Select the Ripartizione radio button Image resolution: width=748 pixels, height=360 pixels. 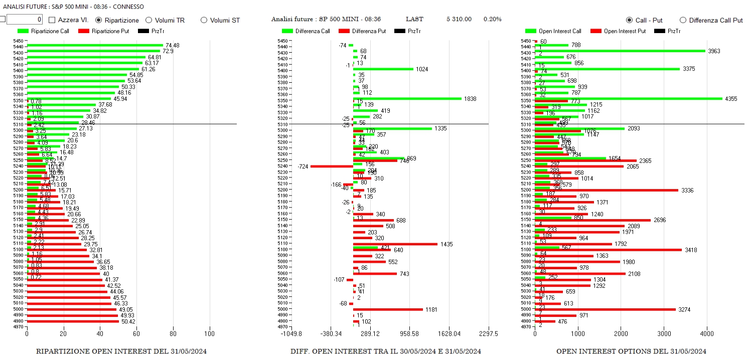99,20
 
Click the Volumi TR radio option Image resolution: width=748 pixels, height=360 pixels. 148,20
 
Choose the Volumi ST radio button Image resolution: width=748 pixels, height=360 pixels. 204,20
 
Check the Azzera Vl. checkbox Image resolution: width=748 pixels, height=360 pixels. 52,20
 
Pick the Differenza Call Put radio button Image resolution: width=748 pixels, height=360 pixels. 683,20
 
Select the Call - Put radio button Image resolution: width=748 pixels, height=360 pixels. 630,20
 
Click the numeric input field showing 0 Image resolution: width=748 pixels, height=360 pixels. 25,20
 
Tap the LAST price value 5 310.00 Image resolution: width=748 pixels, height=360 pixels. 459,19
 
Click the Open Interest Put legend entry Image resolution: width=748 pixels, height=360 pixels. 618,31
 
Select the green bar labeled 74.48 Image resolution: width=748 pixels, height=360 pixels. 95,45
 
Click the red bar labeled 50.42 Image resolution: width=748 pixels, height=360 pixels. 73,321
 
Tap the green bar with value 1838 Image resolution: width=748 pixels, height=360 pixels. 407,98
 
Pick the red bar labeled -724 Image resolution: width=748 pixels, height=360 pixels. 332,166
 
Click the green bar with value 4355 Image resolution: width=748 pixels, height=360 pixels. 628,98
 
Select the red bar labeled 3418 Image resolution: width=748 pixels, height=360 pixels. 608,249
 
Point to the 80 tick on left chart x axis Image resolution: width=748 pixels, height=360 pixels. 173,333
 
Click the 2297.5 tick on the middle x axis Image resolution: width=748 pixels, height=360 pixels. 488,333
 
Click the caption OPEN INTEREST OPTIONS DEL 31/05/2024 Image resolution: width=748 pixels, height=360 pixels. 631,351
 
